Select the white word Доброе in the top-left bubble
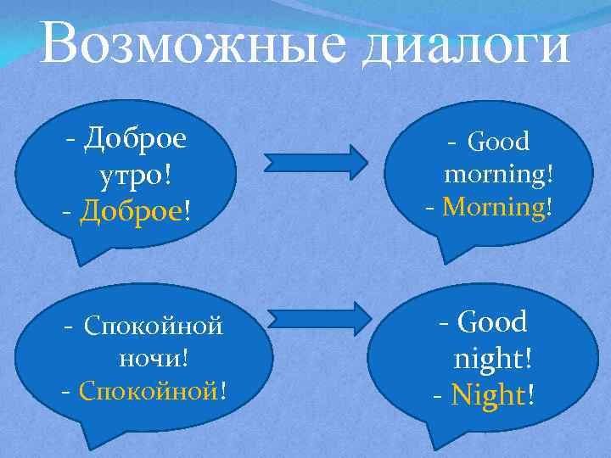pos(136,137)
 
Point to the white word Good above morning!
pos(498,141)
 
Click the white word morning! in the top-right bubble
pos(499,174)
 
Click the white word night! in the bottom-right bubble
pos(493,359)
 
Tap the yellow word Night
pos(490,394)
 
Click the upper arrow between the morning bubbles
pos(315,160)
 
